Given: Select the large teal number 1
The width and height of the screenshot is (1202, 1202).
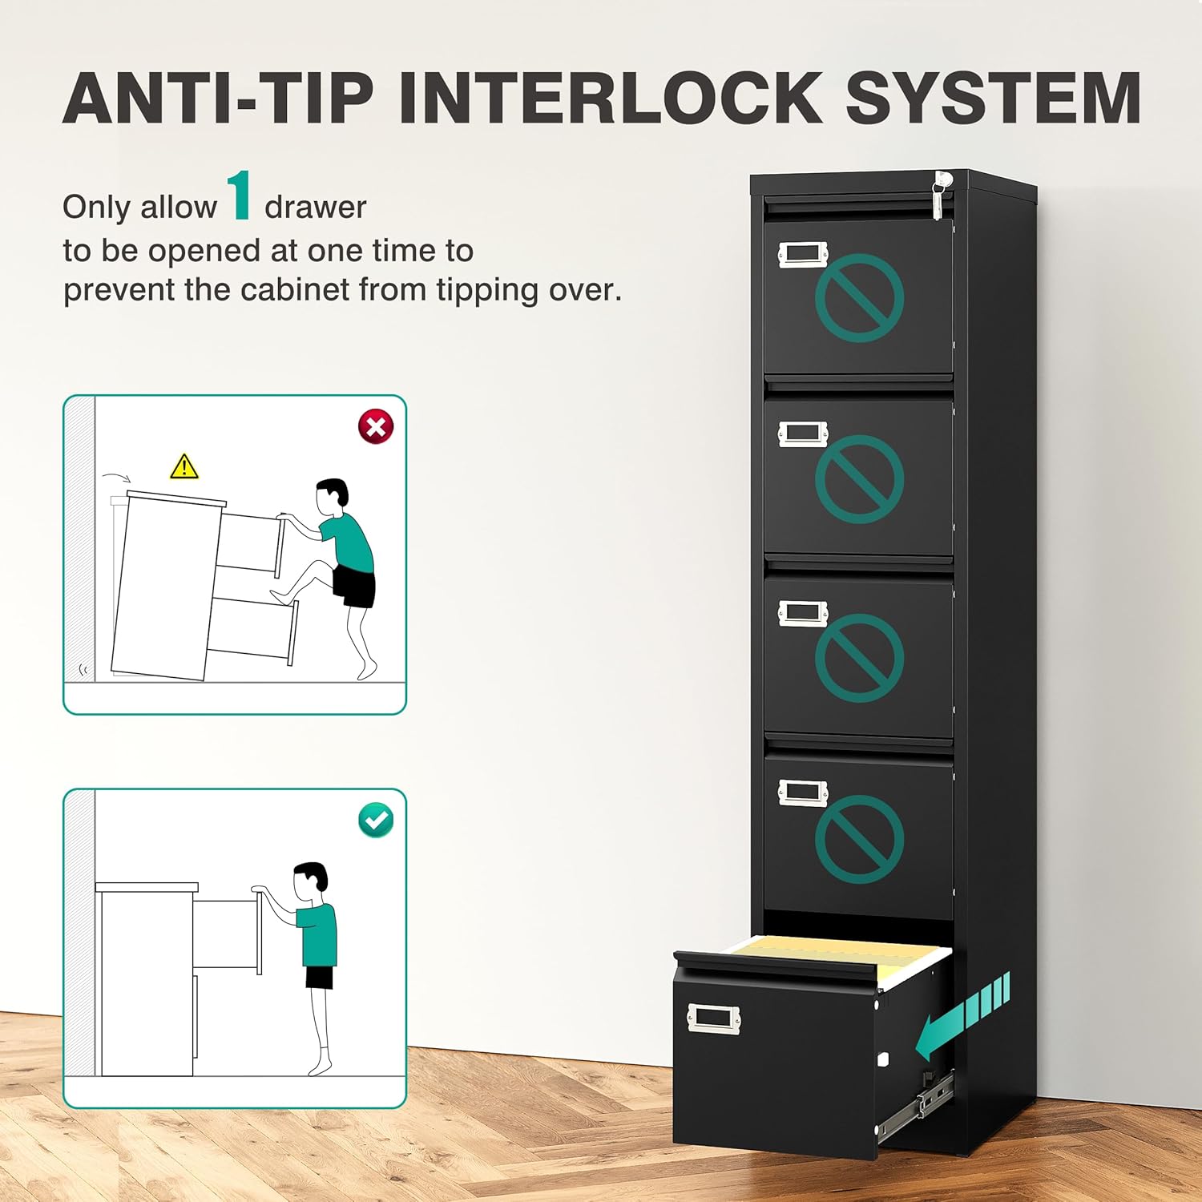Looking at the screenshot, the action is [x=240, y=196].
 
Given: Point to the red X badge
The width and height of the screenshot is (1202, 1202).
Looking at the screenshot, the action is [x=376, y=426].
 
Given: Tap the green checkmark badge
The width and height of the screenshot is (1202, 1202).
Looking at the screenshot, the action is [x=376, y=821].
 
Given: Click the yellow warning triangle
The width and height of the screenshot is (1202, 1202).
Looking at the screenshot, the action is [x=184, y=466].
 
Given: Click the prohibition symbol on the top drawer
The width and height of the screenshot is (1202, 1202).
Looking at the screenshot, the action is [x=859, y=298].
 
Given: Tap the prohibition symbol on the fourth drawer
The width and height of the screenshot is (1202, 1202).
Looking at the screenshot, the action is [x=859, y=839].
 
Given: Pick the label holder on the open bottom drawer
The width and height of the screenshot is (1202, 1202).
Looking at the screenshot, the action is [x=714, y=1018].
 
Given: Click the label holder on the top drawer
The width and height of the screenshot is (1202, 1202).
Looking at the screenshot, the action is [x=803, y=254].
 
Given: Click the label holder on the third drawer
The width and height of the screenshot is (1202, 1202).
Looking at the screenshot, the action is [x=803, y=613].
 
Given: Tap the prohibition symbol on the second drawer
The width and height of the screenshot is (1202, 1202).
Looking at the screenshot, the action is [x=859, y=479].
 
